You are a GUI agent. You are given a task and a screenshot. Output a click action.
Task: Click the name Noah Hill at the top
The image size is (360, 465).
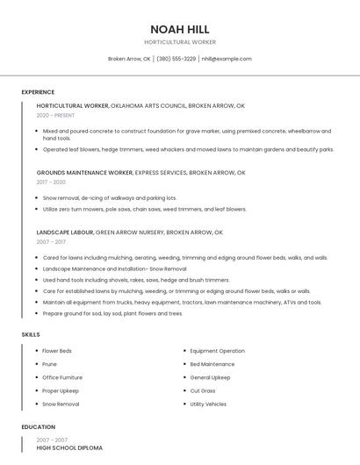click(180, 29)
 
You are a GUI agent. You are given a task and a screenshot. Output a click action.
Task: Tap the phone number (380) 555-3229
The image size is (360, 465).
click(176, 59)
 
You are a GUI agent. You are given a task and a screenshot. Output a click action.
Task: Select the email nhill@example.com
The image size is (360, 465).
click(227, 59)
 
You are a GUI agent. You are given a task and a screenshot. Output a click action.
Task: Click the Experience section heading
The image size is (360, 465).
click(38, 92)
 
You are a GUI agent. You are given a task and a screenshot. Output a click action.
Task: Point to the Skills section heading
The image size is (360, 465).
click(31, 334)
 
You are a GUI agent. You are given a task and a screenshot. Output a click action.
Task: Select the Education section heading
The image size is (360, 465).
click(38, 427)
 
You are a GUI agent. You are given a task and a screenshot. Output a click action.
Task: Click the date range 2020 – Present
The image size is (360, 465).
click(55, 115)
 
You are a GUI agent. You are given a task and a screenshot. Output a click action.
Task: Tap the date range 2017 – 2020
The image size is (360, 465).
click(51, 182)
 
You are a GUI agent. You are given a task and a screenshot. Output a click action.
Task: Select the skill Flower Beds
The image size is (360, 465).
click(57, 351)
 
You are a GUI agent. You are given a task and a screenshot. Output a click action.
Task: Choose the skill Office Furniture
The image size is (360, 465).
click(62, 377)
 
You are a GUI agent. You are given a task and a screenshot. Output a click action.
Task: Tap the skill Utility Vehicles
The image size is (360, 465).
click(208, 404)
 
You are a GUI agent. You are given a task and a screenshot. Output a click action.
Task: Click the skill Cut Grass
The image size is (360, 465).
click(203, 390)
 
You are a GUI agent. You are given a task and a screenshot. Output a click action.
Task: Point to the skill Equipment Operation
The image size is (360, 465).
click(217, 351)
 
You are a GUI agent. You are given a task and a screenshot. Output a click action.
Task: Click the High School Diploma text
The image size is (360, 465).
click(69, 448)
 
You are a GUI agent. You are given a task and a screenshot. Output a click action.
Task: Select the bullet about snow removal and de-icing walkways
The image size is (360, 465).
click(110, 198)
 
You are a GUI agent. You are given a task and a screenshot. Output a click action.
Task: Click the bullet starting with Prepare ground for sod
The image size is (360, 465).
click(112, 313)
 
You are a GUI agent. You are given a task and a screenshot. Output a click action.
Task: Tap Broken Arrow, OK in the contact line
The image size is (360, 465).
click(129, 59)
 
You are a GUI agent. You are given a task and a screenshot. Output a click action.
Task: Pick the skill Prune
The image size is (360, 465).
click(49, 364)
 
